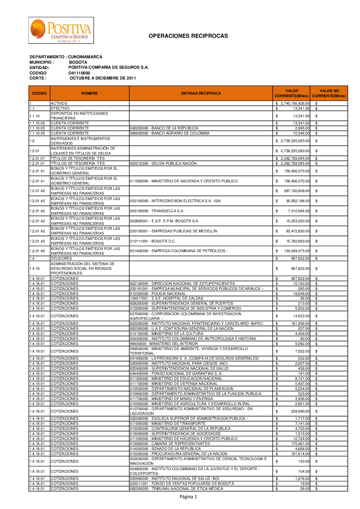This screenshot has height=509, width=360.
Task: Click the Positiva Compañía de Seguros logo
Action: [61, 31]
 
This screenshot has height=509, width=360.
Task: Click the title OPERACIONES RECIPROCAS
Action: [188, 36]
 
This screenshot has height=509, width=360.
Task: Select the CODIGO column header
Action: [39, 94]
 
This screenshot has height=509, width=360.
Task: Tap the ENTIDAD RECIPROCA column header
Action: [201, 94]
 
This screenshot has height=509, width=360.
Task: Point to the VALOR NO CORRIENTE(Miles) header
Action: [329, 94]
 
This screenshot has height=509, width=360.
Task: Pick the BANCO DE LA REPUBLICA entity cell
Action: [164, 128]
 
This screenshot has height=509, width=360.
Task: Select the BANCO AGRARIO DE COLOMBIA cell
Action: [170, 133]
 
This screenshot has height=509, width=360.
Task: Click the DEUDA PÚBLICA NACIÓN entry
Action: [163, 164]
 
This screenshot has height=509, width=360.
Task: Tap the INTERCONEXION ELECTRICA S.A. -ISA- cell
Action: [175, 201]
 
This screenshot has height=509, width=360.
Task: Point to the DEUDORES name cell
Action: [62, 259]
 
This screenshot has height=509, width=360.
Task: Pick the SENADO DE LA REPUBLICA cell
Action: [165, 449]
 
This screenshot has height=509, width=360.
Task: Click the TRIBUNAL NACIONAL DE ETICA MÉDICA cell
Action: [176, 489]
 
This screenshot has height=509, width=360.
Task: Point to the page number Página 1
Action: [188, 497]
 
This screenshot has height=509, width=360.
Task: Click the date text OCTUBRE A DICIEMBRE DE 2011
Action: [103, 78]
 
